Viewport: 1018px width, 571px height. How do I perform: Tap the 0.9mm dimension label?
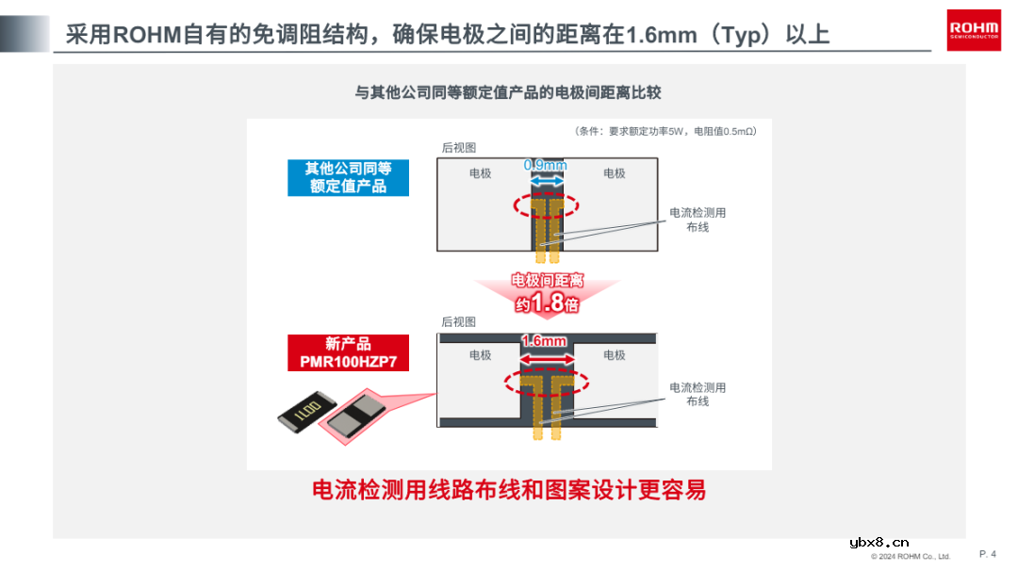[545, 166]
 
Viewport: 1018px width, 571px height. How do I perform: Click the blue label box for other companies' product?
[348, 177]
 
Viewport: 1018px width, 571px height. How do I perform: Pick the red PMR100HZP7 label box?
[348, 352]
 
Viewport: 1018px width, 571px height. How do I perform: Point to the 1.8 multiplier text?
[547, 303]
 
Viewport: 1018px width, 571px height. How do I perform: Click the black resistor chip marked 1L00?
[305, 412]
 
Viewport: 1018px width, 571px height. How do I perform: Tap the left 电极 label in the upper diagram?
[481, 173]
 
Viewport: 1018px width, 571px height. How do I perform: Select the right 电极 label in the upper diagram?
[615, 173]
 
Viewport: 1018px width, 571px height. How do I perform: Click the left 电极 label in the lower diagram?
[481, 355]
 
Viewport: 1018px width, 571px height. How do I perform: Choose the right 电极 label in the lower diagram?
[615, 355]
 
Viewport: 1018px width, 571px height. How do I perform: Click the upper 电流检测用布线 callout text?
[698, 220]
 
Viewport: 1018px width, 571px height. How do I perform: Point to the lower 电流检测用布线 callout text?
[698, 394]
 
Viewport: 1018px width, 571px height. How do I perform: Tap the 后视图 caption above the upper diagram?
[459, 148]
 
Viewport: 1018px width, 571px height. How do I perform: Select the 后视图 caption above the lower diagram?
[459, 322]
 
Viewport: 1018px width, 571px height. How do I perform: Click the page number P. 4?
[988, 554]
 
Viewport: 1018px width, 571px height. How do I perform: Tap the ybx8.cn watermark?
[878, 542]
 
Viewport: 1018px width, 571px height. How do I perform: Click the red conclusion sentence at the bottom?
[509, 490]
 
